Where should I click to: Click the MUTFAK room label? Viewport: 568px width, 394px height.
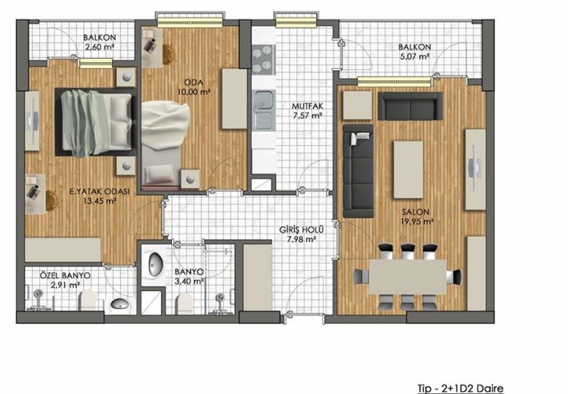(x=307, y=106)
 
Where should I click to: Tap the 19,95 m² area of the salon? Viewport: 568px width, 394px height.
(x=417, y=221)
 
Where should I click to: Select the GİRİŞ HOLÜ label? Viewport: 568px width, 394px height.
(x=301, y=230)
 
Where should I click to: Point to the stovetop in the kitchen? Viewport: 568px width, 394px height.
(x=263, y=60)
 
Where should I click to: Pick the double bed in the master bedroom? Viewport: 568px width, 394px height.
(x=95, y=122)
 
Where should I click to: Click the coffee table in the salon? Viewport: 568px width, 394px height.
(x=408, y=170)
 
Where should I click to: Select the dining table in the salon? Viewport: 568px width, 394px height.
(x=408, y=277)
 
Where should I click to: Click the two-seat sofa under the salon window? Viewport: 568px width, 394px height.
(x=410, y=106)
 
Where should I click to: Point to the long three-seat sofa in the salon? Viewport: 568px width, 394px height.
(x=358, y=171)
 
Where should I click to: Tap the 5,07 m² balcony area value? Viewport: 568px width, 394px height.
(x=415, y=57)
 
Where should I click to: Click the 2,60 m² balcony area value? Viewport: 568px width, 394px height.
(x=99, y=47)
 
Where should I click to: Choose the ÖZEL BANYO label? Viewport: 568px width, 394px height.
(x=65, y=275)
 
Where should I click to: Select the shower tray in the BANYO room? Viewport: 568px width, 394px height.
(x=152, y=302)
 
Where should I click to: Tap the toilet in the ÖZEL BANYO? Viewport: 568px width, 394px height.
(x=87, y=300)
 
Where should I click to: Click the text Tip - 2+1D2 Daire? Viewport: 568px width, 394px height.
(x=460, y=388)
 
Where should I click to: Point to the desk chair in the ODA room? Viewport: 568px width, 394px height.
(x=168, y=55)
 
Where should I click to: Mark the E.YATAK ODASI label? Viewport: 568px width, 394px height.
(x=99, y=192)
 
